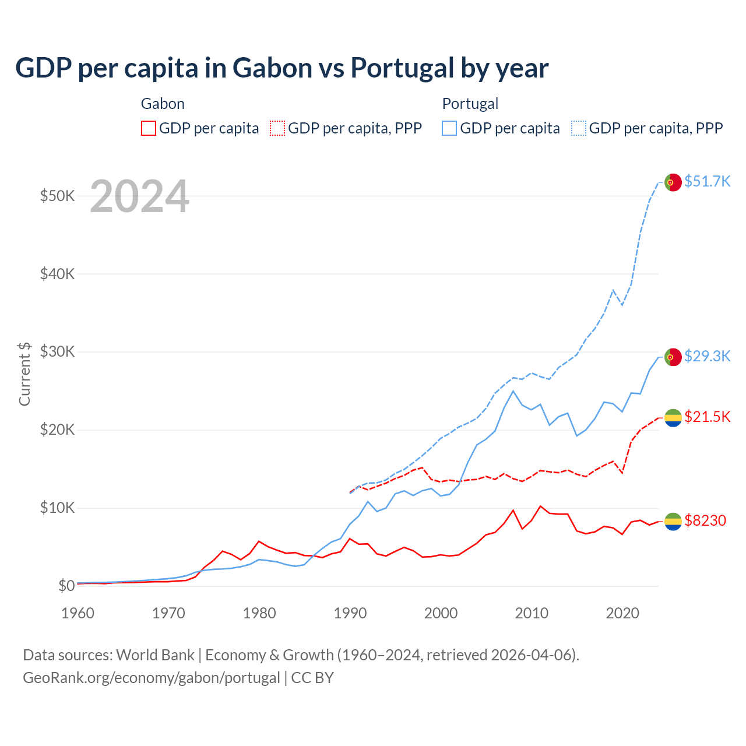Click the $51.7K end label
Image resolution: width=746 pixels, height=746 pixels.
(x=707, y=181)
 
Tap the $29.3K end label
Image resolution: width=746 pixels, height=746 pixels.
(x=707, y=356)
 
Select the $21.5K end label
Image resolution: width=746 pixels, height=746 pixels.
(x=707, y=417)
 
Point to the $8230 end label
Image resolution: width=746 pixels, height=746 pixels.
(x=705, y=520)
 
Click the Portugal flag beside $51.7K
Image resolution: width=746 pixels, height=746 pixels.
(x=673, y=182)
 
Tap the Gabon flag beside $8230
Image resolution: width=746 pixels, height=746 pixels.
(x=673, y=522)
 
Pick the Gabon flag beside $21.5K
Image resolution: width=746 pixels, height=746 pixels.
(x=673, y=417)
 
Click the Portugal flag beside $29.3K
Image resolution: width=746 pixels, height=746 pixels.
(x=673, y=357)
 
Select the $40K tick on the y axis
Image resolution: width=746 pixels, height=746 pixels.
(x=57, y=274)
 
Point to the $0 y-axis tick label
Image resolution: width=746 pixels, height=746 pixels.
(x=66, y=586)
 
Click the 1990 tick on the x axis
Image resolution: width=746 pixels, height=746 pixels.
(x=350, y=613)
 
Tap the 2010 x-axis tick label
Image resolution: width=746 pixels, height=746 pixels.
(x=532, y=613)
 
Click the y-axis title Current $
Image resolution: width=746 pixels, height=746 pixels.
(x=24, y=374)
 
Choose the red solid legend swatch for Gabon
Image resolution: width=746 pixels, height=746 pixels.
(x=149, y=128)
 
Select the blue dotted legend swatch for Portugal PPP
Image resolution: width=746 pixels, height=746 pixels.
(x=579, y=128)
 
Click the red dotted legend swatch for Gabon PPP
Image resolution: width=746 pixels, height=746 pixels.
(x=278, y=128)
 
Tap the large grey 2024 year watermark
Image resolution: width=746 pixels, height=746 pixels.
(x=139, y=197)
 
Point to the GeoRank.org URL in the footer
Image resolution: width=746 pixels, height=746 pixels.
(x=152, y=678)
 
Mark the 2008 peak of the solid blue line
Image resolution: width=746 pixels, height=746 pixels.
(x=513, y=391)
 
